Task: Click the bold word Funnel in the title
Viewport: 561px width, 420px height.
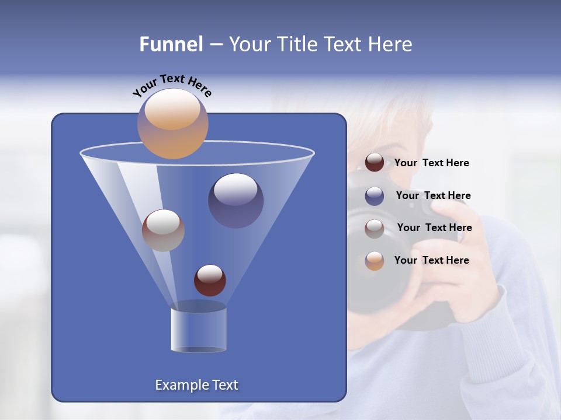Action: click(x=171, y=44)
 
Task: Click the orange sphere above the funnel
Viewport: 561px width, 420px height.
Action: click(x=173, y=123)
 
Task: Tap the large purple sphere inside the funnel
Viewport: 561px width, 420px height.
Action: click(x=236, y=200)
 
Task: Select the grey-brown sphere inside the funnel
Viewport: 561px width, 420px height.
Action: click(x=163, y=230)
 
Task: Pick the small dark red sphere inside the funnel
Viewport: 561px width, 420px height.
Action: click(x=210, y=280)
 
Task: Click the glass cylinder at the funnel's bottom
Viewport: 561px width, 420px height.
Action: click(x=198, y=328)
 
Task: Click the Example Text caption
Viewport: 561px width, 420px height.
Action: click(x=196, y=385)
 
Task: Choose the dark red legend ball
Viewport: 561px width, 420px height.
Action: click(x=375, y=163)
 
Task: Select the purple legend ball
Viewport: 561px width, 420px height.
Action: click(x=375, y=195)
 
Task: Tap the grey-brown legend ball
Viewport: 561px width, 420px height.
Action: click(x=375, y=228)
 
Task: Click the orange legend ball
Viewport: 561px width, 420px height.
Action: click(x=375, y=261)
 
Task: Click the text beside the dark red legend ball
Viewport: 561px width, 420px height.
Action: click(x=431, y=163)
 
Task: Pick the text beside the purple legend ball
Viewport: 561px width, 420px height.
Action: click(x=433, y=195)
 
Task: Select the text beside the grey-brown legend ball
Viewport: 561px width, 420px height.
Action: click(x=434, y=228)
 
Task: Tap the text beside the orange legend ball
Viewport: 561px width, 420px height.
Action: click(x=431, y=260)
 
